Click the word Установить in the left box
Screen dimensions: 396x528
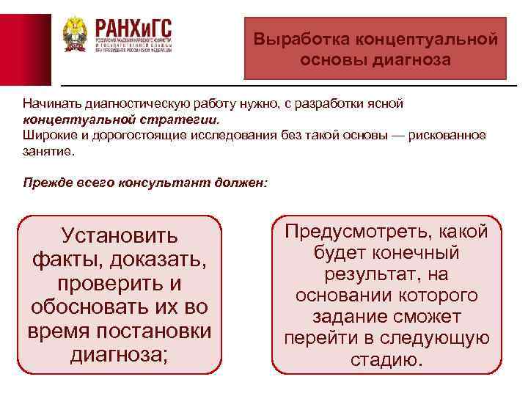120,235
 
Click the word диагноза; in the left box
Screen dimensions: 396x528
120,354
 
